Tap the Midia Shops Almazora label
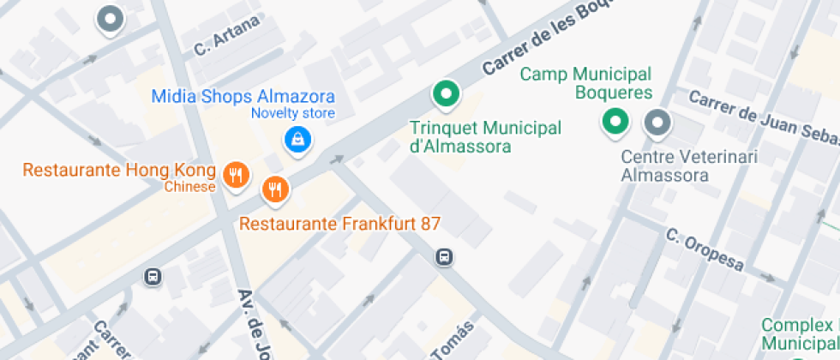click(243, 96)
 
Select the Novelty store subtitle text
click(292, 113)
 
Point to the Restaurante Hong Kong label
click(118, 170)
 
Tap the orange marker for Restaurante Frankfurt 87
click(274, 188)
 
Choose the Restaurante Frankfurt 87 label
click(339, 225)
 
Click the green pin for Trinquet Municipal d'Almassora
click(445, 94)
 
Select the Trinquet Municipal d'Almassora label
click(485, 137)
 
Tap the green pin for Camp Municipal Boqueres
click(614, 123)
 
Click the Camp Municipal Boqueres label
click(586, 84)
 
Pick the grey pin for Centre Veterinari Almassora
click(657, 123)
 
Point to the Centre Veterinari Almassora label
click(664, 166)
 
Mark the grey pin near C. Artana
click(110, 19)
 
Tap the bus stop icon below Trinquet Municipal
click(444, 256)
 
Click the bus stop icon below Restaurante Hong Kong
click(153, 277)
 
